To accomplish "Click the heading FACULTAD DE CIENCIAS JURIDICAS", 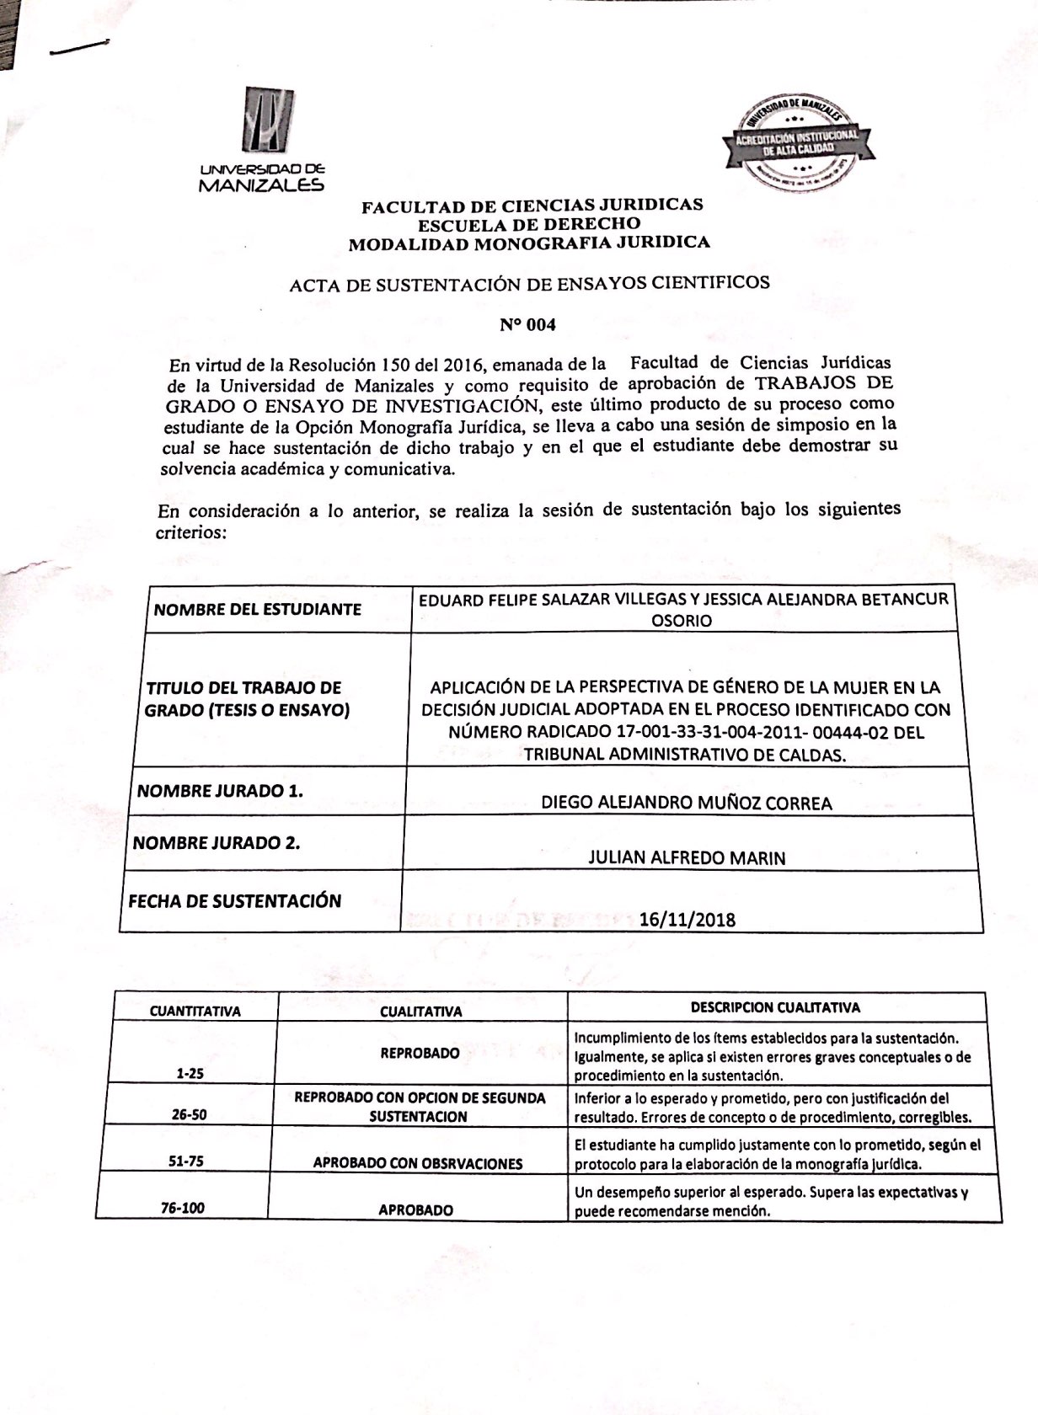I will point(532,206).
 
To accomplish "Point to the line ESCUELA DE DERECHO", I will point(529,224).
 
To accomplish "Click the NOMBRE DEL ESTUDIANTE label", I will point(257,609).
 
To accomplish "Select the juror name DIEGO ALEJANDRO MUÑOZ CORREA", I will point(686,802).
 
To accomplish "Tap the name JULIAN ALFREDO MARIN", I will point(686,857).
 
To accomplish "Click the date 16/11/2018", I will point(687,918).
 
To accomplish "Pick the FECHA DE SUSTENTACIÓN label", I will point(235,901).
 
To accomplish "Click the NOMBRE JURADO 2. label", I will point(217,842).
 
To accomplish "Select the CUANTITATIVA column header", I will point(195,1011).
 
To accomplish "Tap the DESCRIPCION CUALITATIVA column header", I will point(775,1007).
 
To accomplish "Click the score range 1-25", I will point(190,1074).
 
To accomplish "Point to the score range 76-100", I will point(183,1208).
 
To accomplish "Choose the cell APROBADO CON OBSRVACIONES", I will point(418,1163).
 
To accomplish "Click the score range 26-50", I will point(189,1114).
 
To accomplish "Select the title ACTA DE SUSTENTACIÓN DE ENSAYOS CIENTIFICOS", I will point(529,284).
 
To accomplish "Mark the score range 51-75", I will point(185,1161).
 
